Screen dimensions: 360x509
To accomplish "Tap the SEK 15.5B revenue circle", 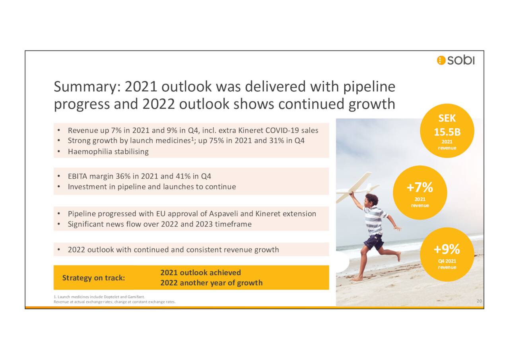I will click(447, 131).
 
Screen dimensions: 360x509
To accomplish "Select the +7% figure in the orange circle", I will click(420, 187).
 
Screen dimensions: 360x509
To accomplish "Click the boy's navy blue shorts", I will click(374, 242).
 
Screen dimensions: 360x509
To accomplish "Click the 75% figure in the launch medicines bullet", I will click(216, 141).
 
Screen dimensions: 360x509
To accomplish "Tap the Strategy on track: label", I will click(93, 278).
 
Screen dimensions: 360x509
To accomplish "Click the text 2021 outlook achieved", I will click(200, 272).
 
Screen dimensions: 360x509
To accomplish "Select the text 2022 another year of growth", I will click(211, 283).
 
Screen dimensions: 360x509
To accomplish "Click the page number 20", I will click(480, 302).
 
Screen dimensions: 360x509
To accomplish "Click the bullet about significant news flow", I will click(159, 224).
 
